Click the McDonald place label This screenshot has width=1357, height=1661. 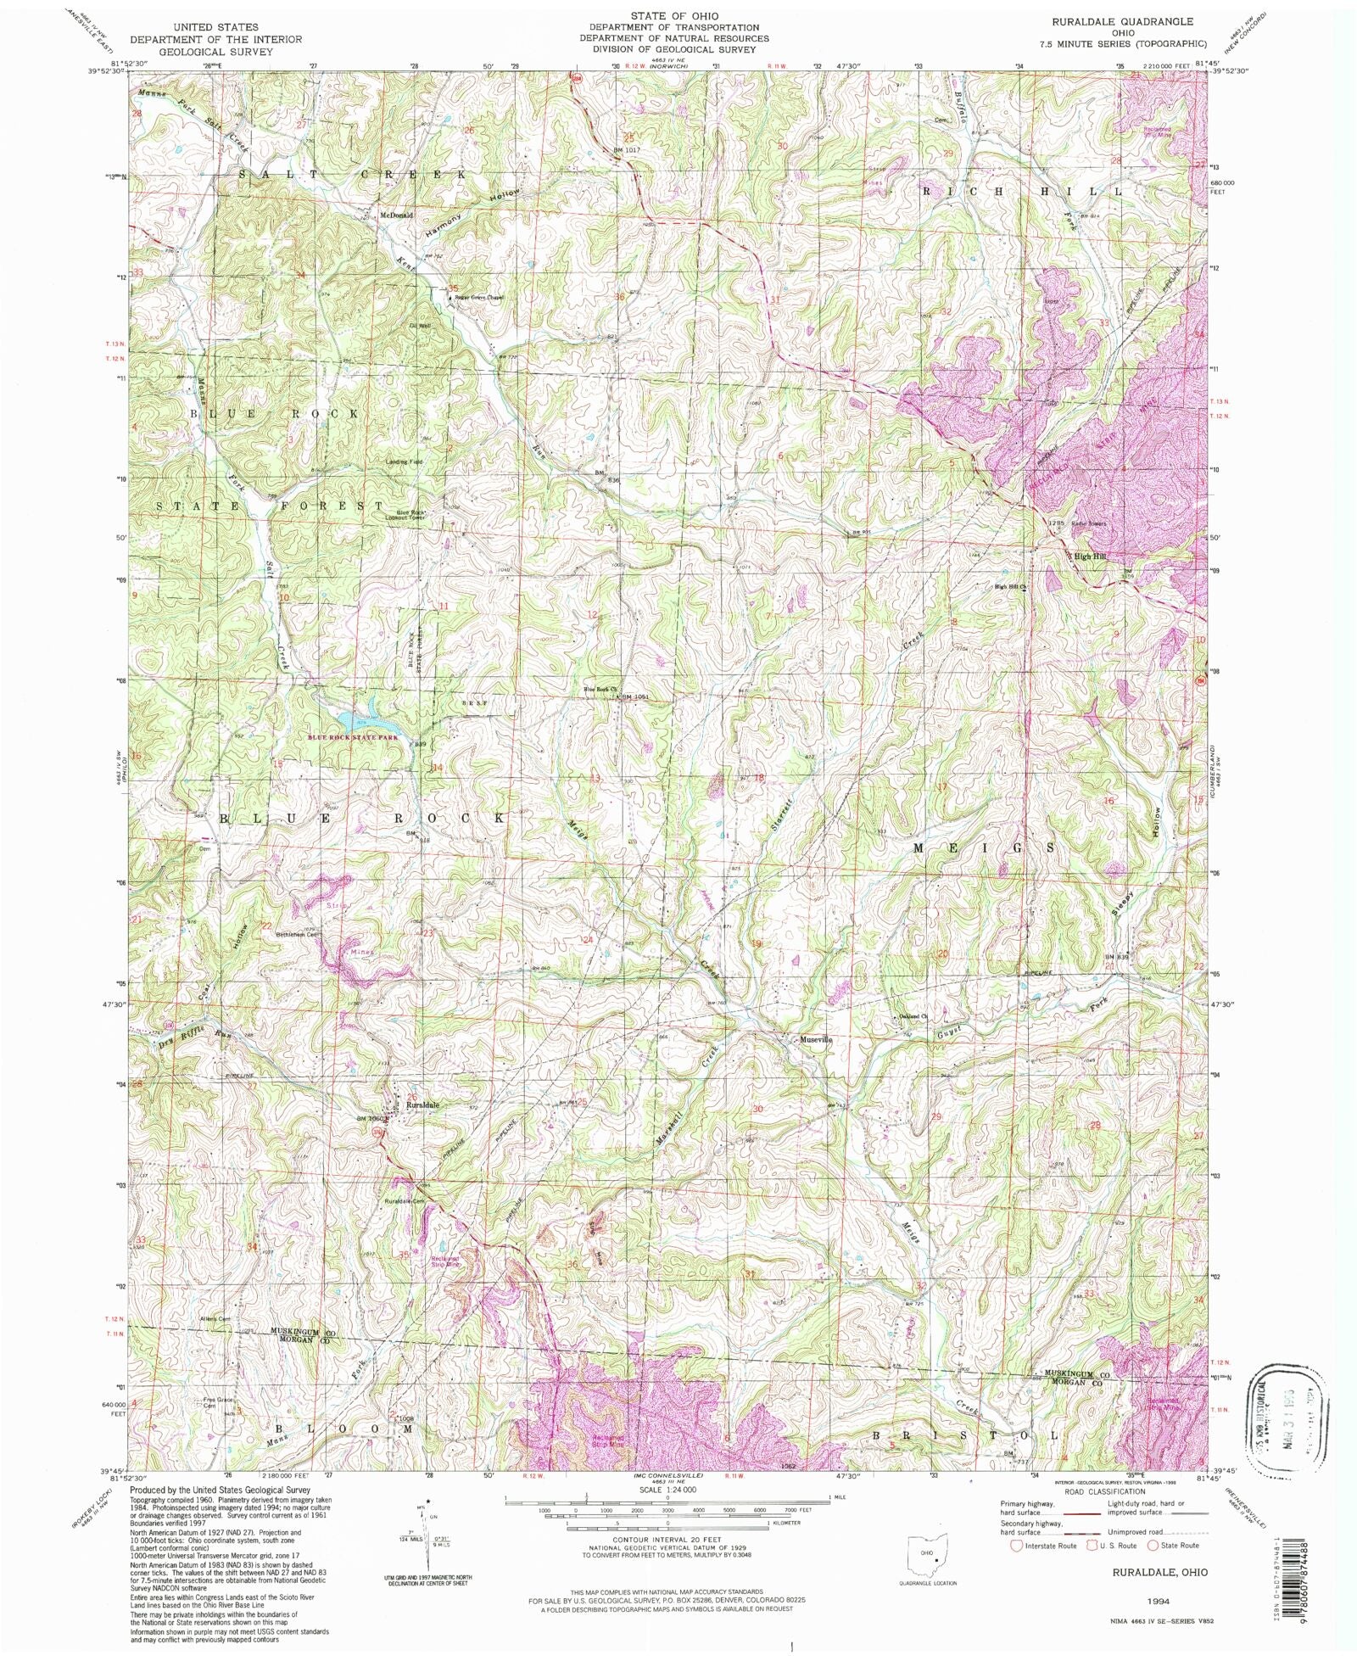396,215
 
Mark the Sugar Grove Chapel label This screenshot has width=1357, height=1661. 479,298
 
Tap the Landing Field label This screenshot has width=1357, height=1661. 405,461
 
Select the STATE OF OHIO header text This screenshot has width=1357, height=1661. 674,16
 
